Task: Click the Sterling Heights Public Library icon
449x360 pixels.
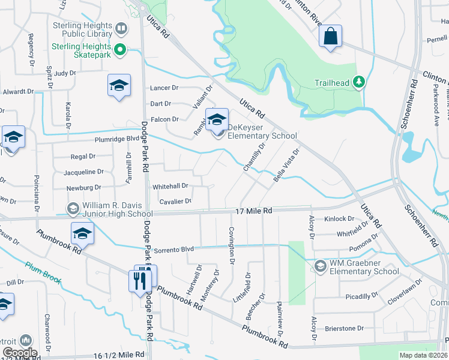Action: click(x=121, y=29)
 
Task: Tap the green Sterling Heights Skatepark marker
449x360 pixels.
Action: click(x=121, y=49)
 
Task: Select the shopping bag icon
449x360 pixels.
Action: click(x=330, y=35)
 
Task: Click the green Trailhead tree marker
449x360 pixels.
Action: click(x=359, y=82)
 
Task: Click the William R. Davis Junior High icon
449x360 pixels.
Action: click(x=73, y=209)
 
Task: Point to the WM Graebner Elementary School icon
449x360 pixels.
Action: click(x=320, y=266)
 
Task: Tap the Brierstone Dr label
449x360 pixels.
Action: click(x=344, y=329)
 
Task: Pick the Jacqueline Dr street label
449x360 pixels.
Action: click(x=87, y=172)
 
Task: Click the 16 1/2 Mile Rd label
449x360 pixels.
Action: click(x=118, y=355)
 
